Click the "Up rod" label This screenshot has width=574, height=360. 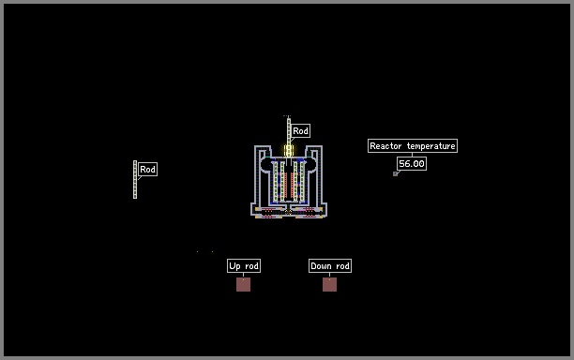pyautogui.click(x=244, y=266)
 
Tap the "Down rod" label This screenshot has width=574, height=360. pyautogui.click(x=330, y=266)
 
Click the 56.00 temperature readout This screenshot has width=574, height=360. pyautogui.click(x=412, y=163)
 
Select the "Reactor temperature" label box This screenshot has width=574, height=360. pyautogui.click(x=413, y=145)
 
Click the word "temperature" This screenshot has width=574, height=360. pyautogui.click(x=431, y=146)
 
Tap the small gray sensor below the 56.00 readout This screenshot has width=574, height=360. pyautogui.click(x=396, y=174)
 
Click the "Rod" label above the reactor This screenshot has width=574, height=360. pyautogui.click(x=300, y=130)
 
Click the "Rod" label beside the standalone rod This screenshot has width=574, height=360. pyautogui.click(x=148, y=169)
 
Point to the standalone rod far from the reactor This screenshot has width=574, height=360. pyautogui.click(x=135, y=180)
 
